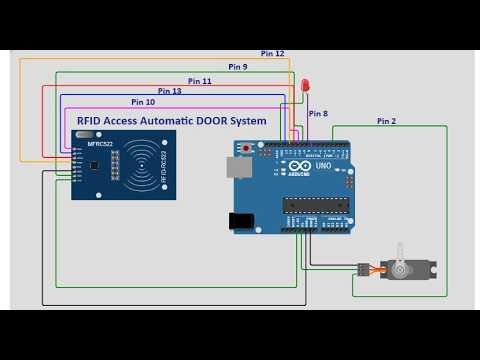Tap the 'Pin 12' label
tap(272, 53)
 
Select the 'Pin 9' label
tap(238, 66)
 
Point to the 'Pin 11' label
tap(200, 80)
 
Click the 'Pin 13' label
tap(170, 91)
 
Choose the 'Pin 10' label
tap(143, 102)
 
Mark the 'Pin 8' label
tap(318, 113)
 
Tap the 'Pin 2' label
tap(387, 121)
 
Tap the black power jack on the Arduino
tap(241, 220)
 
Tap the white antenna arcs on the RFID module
tap(150, 165)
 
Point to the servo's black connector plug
tap(362, 268)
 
